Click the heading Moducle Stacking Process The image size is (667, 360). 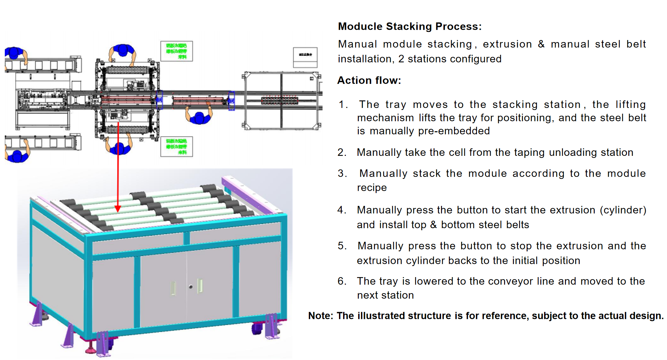coord(410,26)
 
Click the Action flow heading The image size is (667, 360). coord(369,80)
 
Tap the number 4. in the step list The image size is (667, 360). coord(342,210)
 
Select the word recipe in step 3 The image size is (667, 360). coord(372,188)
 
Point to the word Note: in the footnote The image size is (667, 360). coord(320,315)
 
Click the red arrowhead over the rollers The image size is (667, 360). coord(118,209)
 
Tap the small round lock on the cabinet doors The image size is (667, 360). coord(191,286)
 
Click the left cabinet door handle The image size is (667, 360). coord(174,288)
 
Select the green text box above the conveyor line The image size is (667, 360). coord(176,51)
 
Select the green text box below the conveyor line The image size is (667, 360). coord(176,147)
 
